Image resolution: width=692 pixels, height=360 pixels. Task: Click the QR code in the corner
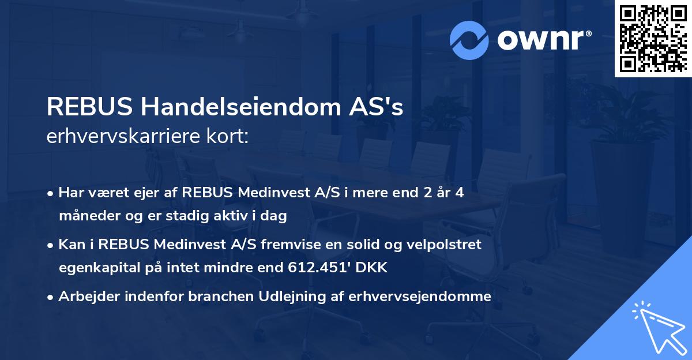point(652,38)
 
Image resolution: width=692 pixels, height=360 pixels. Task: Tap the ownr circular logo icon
point(468,39)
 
